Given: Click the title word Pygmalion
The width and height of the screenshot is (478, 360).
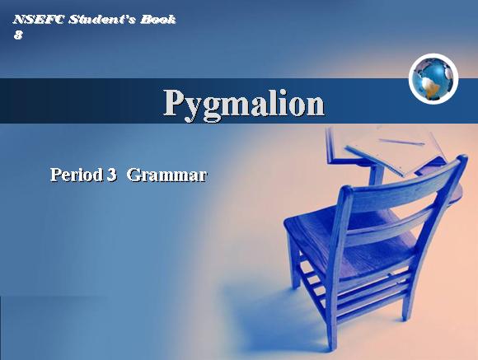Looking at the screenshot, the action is [x=244, y=105].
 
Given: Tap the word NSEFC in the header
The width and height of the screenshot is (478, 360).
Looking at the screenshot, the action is [x=39, y=20].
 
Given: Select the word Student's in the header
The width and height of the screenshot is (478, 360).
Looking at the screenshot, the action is [x=102, y=20].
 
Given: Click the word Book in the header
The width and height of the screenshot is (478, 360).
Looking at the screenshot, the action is [x=158, y=20].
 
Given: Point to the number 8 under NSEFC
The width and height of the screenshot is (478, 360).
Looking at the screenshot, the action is [x=18, y=35].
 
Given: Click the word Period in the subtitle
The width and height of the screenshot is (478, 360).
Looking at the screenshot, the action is [x=76, y=175].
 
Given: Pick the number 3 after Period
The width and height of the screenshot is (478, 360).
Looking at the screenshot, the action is [x=112, y=175].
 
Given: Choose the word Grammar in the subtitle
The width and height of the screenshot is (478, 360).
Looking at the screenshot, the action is [x=167, y=175].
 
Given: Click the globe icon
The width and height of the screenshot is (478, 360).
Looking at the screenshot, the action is [x=433, y=79].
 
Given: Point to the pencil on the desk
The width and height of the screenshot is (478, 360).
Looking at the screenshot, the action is [x=402, y=142].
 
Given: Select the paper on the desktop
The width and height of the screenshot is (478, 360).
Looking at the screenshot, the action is [x=393, y=149].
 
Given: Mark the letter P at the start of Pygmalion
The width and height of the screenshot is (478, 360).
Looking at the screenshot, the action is [x=176, y=103].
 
